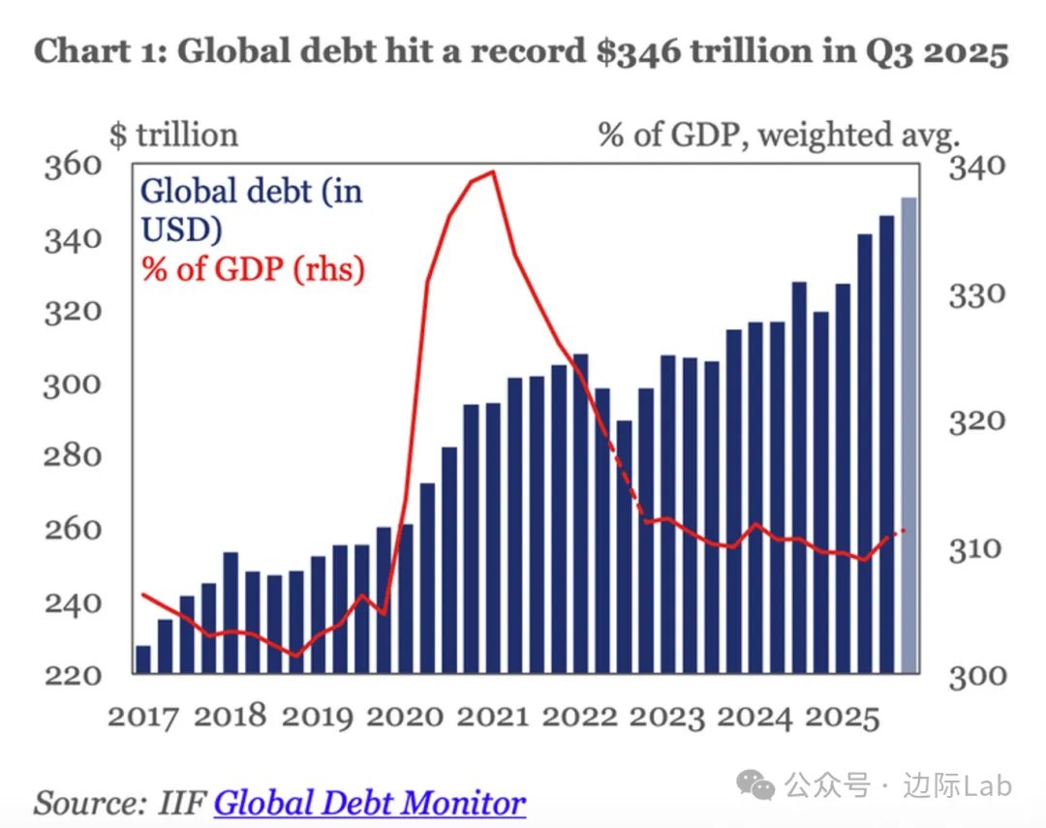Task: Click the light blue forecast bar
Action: pyautogui.click(x=908, y=436)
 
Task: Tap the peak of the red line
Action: pyautogui.click(x=493, y=172)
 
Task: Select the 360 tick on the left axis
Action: pyautogui.click(x=74, y=166)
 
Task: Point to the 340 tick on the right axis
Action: pyautogui.click(x=977, y=168)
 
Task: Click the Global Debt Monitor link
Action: pyautogui.click(x=370, y=803)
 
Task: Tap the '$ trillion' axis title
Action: pyautogui.click(x=174, y=134)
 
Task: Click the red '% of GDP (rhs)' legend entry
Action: pyautogui.click(x=254, y=268)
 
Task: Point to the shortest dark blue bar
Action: pyautogui.click(x=143, y=659)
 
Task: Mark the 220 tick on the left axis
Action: pyautogui.click(x=74, y=674)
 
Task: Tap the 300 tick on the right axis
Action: pyautogui.click(x=977, y=676)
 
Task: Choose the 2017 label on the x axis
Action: pyautogui.click(x=143, y=717)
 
